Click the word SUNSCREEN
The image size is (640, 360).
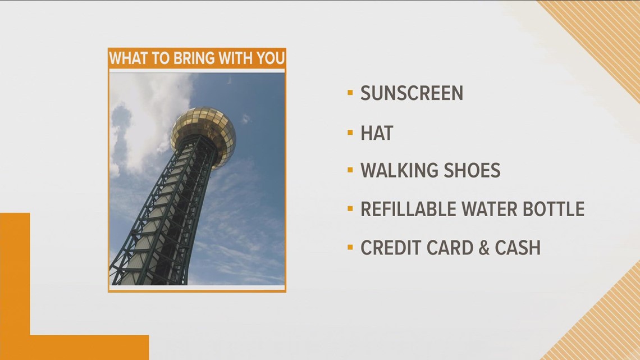[x=412, y=93]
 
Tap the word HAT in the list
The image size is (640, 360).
[x=377, y=133]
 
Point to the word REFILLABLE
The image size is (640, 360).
[x=408, y=209]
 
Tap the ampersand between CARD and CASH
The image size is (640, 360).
[x=484, y=248]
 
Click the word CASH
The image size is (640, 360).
[x=518, y=248]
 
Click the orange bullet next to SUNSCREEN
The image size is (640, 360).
[x=350, y=93]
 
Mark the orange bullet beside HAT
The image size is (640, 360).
[x=350, y=133]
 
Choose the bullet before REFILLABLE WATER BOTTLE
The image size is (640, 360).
[x=350, y=208]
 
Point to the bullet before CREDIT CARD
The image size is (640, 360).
[x=350, y=247]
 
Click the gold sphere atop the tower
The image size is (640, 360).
[x=203, y=135]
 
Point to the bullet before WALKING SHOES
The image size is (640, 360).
[x=350, y=170]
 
